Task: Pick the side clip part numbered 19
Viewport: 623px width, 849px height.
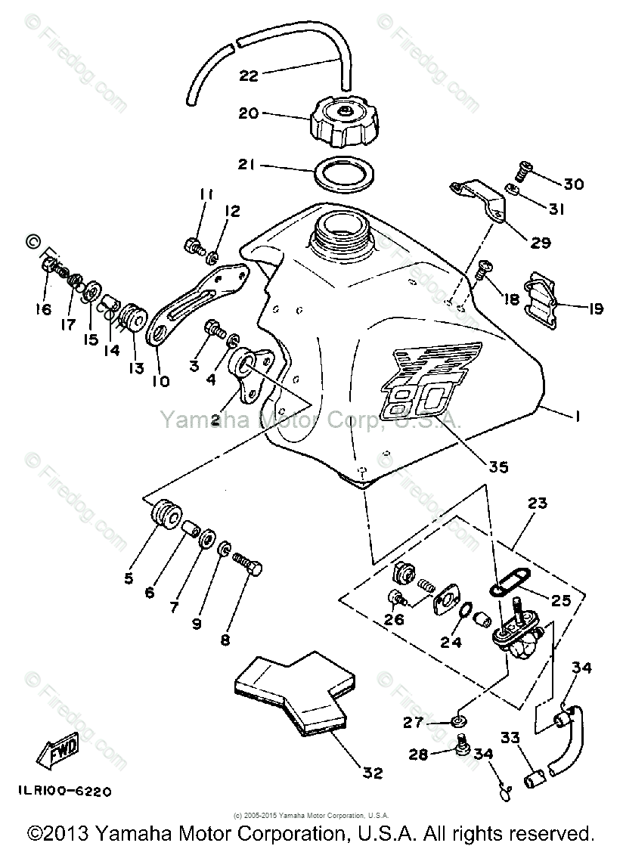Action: [545, 303]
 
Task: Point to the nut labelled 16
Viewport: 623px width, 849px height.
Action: [46, 265]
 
